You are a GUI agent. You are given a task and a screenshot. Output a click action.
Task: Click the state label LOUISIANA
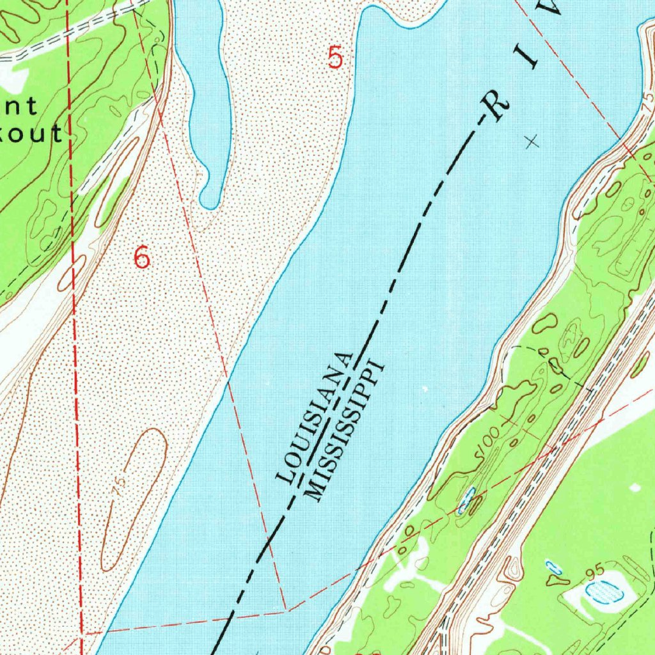[315, 416]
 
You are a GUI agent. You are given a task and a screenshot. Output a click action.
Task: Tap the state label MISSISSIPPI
[344, 430]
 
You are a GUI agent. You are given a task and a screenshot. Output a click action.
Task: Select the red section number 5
[335, 58]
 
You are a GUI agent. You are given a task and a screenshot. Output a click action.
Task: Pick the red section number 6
[141, 258]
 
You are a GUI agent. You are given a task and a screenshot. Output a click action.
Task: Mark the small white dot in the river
[424, 388]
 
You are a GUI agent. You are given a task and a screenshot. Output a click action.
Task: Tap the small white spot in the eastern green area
[635, 488]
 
